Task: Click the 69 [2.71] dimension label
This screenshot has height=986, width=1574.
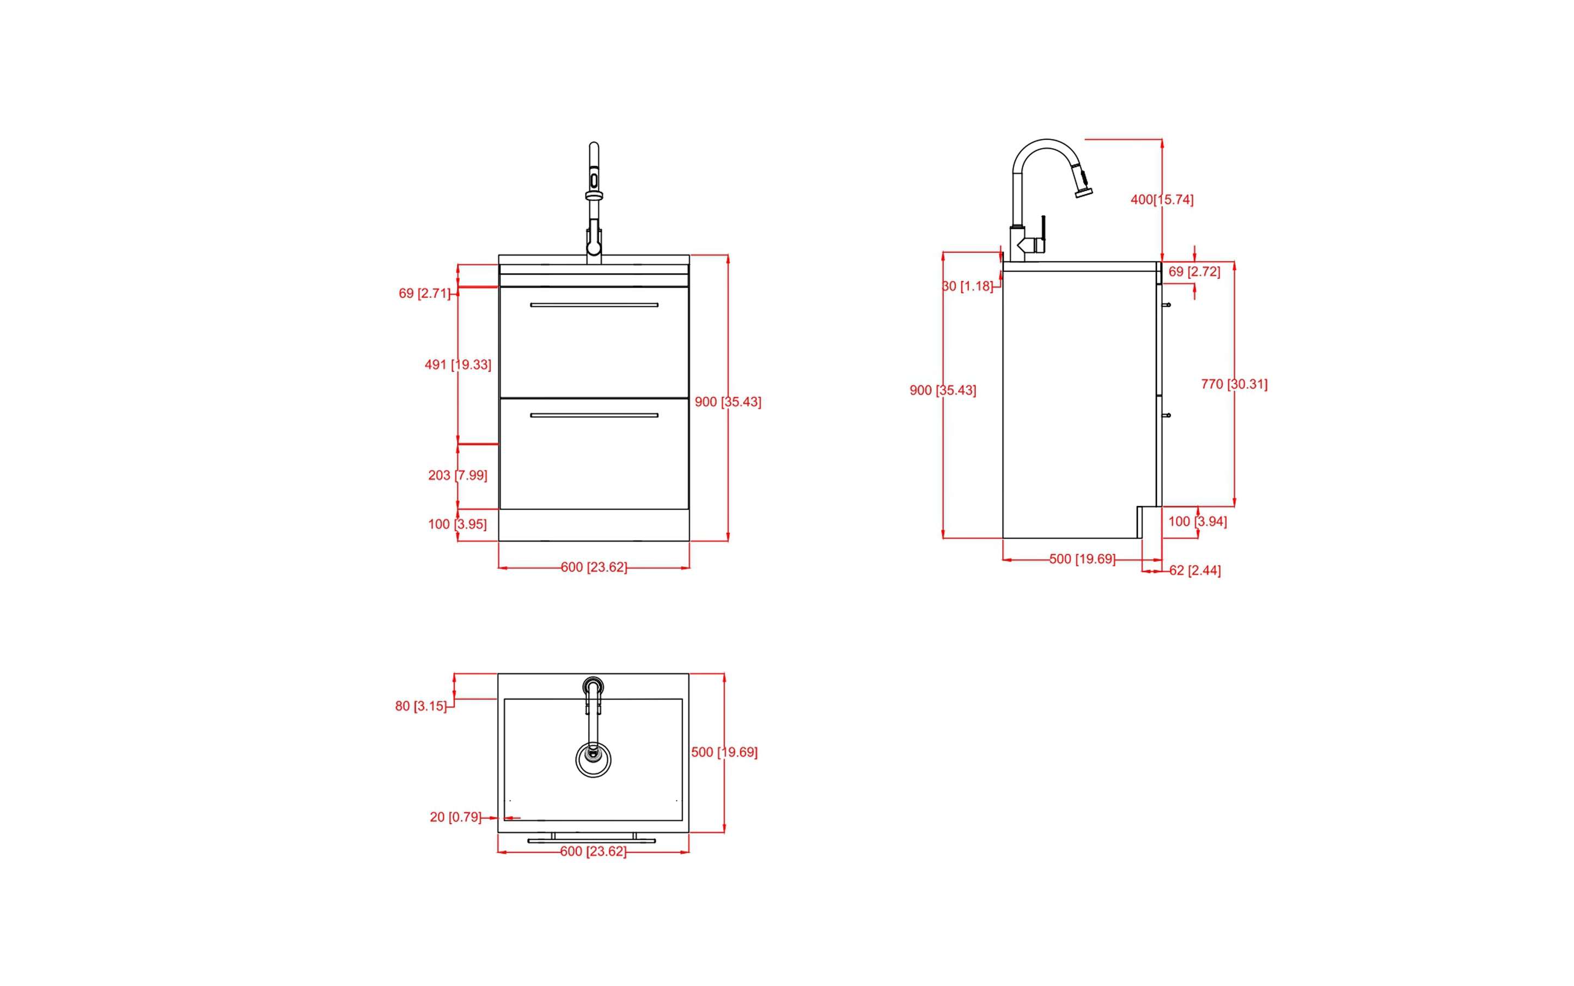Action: (424, 294)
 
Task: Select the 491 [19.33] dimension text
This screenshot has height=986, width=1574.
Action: (457, 364)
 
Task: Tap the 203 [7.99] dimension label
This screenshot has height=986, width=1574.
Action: (457, 476)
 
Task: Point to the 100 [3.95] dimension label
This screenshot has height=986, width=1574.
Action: (457, 524)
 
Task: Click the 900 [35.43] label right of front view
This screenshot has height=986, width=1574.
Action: (728, 401)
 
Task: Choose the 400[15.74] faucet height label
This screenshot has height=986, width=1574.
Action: (1162, 199)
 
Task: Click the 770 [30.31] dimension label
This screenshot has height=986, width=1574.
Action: (1234, 384)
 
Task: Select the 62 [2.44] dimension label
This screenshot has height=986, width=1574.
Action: (1194, 570)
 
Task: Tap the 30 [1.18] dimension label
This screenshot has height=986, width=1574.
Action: (968, 287)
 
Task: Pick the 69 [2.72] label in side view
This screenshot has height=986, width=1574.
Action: (1194, 272)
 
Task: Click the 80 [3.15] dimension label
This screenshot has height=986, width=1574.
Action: (420, 706)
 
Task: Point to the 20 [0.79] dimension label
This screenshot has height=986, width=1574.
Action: (455, 817)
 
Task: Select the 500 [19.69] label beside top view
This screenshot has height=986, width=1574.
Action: (724, 752)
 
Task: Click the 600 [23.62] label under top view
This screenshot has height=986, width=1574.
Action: (593, 851)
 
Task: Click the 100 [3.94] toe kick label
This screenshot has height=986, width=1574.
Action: (1197, 522)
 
